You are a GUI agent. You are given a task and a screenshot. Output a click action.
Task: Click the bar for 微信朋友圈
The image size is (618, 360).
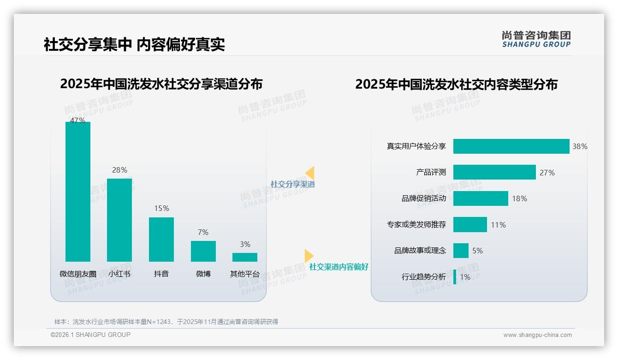[78, 192]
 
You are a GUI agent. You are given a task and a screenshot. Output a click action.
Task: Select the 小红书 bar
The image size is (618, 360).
[119, 220]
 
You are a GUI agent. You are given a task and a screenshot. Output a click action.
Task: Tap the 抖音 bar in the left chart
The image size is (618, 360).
[161, 239]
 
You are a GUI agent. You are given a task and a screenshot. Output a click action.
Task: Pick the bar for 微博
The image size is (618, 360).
[203, 251]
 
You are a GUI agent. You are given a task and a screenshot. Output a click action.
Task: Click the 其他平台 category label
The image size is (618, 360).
[245, 274]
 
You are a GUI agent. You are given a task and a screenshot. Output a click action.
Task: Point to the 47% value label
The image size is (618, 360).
[77, 120]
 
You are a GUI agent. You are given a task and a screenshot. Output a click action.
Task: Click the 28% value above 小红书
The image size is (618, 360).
[119, 170]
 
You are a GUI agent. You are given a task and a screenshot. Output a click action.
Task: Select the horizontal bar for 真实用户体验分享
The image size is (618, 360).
[511, 146]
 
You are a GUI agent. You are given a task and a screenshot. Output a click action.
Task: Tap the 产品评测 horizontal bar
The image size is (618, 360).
[494, 172]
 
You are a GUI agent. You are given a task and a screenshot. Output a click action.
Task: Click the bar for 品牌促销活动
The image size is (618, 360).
[481, 198]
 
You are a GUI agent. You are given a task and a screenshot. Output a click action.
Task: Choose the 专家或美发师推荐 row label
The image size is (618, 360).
[416, 225]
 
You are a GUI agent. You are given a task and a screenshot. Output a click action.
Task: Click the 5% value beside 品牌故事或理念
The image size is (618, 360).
[477, 251]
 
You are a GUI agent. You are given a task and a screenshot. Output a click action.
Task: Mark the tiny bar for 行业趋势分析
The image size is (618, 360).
[455, 277]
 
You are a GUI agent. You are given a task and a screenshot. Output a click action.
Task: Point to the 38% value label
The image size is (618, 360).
[580, 146]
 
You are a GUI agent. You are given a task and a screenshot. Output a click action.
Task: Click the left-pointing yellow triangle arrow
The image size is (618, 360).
[310, 173]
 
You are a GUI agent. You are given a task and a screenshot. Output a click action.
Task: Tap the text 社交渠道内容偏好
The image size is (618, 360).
[339, 267]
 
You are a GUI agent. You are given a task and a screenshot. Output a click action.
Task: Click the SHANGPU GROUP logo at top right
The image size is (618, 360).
[536, 39]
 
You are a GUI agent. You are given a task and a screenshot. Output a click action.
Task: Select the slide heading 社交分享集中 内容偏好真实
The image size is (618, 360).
[134, 45]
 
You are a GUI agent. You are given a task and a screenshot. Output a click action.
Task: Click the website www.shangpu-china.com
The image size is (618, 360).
[537, 335]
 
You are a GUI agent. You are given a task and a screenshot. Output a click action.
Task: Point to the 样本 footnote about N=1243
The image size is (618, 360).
[166, 322]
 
